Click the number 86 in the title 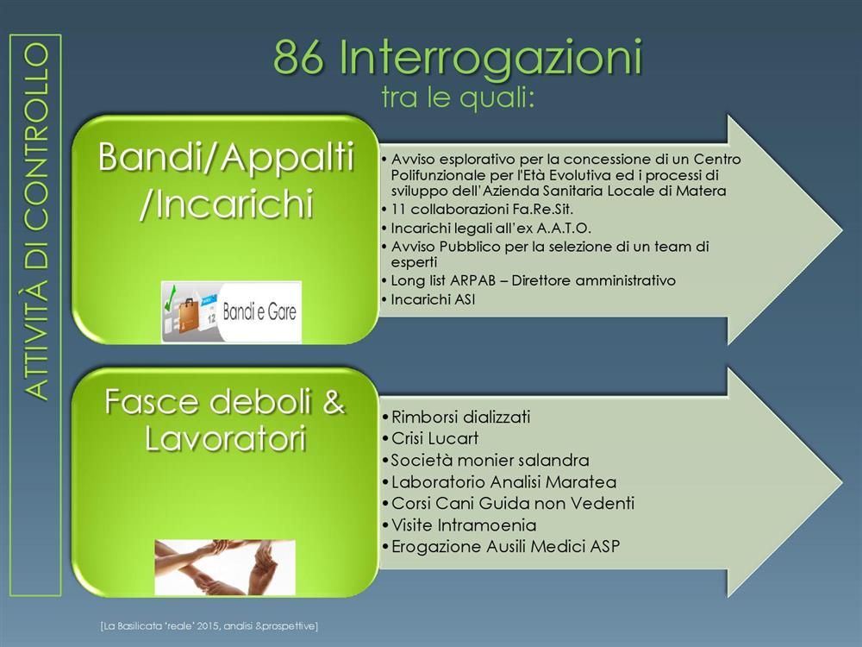click(298, 57)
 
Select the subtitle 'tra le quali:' click(458, 98)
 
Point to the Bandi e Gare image click(231, 312)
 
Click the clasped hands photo click(225, 567)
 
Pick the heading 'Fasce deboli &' click(225, 401)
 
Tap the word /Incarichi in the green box click(226, 204)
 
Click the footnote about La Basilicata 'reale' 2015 click(209, 626)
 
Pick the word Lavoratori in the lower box click(225, 439)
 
